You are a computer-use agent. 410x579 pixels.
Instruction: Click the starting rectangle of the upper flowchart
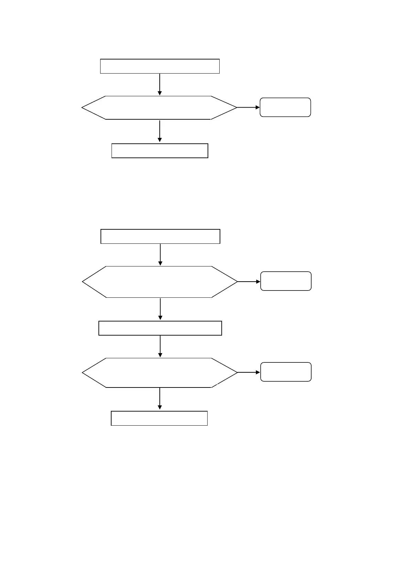coord(160,66)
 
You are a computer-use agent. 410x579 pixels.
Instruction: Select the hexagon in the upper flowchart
coord(159,108)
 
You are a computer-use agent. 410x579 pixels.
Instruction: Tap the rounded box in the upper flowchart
coord(285,107)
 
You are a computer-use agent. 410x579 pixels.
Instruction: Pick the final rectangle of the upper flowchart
coord(160,151)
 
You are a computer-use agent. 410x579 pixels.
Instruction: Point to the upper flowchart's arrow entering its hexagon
coord(160,84)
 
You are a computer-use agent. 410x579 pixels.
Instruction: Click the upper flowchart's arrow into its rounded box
coord(248,108)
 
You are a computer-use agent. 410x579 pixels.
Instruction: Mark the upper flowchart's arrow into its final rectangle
coord(160,131)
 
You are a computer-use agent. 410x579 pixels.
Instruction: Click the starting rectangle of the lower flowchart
coord(160,236)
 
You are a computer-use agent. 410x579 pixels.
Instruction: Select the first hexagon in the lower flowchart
coord(160,282)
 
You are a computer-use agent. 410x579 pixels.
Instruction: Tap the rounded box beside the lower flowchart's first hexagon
coord(286,281)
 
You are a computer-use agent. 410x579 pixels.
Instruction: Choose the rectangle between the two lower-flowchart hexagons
coord(160,328)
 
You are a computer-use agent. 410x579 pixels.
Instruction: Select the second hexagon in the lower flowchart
coord(160,373)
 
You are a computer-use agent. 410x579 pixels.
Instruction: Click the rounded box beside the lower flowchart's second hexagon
coord(286,372)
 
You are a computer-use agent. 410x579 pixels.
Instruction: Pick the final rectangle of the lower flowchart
coord(159,418)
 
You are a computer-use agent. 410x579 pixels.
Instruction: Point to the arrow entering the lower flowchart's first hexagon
coord(160,254)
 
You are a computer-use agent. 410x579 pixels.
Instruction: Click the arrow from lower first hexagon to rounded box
coord(249,282)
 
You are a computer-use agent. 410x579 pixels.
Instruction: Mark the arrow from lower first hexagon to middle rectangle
coord(160,309)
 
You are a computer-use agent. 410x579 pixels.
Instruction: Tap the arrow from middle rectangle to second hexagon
coord(160,346)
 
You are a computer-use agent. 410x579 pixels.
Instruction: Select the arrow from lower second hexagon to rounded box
coord(249,372)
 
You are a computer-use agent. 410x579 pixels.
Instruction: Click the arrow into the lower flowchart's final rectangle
coord(160,399)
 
